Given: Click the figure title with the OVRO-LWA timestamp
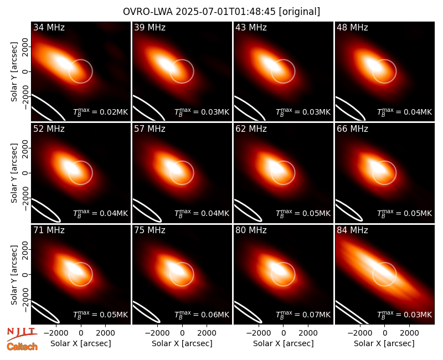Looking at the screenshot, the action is point(221,12).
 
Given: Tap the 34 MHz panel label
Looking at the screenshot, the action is point(49,27).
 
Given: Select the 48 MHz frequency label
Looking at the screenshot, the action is point(352,27).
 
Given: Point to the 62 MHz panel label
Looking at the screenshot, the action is point(251,129).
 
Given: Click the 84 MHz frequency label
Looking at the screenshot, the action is point(352,230).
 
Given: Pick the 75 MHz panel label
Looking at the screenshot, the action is point(150,230).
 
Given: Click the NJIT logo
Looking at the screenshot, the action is point(22,334).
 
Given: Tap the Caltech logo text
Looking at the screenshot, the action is point(22,347).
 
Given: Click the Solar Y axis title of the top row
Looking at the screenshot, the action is point(14,72).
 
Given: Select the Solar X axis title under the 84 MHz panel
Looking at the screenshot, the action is point(384,343).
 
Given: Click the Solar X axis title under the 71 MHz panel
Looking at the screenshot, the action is point(81,343).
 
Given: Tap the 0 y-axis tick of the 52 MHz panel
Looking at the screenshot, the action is point(25,173).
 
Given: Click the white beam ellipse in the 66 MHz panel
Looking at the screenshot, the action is point(348,210).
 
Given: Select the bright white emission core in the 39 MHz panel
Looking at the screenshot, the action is point(166,64).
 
